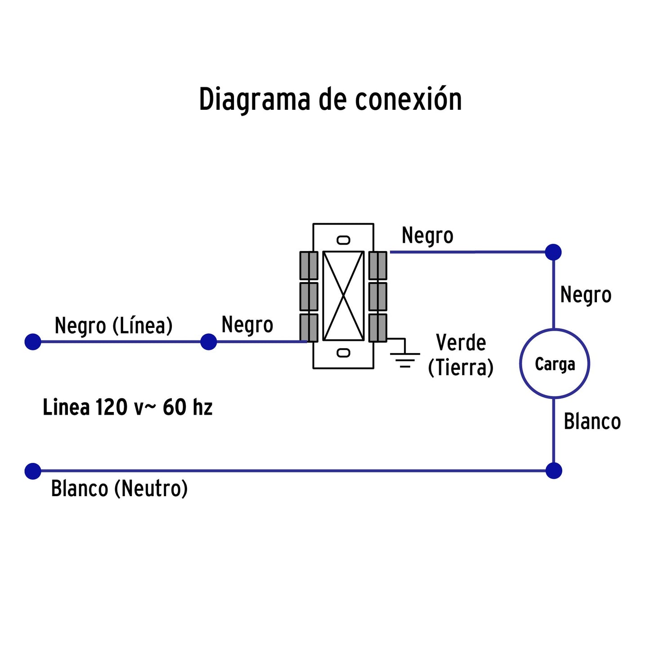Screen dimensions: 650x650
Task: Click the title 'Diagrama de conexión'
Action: coord(330,100)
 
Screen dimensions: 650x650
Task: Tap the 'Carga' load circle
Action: coord(554,364)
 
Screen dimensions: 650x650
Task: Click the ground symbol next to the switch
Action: coord(405,355)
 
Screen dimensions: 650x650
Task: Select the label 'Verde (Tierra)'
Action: coord(461,355)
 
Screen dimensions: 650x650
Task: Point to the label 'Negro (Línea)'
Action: coord(113,326)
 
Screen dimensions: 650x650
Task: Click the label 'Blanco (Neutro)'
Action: coord(119,489)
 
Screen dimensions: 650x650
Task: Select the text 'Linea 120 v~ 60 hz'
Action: coord(127,408)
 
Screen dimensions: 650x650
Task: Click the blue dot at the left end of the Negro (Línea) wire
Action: coord(33,342)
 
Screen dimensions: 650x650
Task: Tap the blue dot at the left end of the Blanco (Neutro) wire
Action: coord(33,471)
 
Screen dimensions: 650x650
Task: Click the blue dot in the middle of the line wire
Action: coord(208,342)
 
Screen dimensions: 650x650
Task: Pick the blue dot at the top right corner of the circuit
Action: coord(553,252)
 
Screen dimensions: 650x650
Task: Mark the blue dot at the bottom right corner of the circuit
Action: coord(554,471)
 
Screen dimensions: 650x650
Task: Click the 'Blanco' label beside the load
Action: coord(592,422)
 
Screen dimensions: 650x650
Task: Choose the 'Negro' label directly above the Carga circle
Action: coord(586,296)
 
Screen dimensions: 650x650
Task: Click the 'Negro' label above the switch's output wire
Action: coord(427,236)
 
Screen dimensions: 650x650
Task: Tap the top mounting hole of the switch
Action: coord(343,240)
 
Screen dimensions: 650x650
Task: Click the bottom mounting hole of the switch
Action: coord(343,353)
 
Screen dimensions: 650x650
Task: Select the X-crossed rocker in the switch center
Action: coord(343,296)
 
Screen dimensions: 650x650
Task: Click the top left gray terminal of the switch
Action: coord(309,265)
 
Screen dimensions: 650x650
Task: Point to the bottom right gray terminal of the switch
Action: coord(378,327)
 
